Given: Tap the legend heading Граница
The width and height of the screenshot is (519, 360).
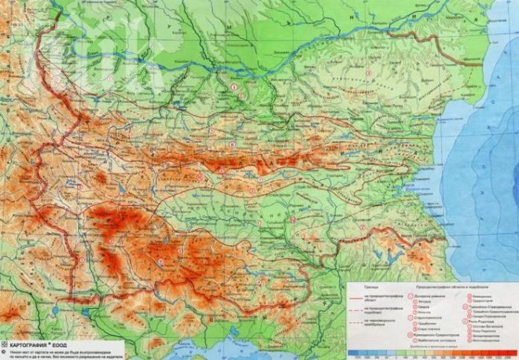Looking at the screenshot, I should click(370, 287).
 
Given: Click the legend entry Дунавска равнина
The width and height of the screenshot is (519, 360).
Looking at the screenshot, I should click(425, 296).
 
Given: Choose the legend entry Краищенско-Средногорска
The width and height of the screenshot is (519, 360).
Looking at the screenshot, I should click(436, 335).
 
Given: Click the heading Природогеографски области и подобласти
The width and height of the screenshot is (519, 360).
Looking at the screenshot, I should click(452, 287).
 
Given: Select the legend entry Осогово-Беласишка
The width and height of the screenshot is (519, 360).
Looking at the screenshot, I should click(487, 326).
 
